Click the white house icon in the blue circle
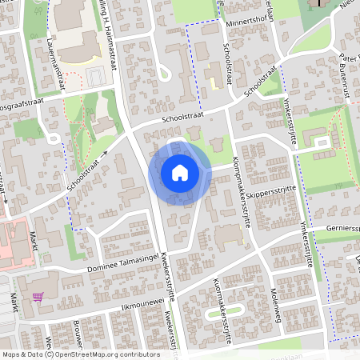click(179, 172)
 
